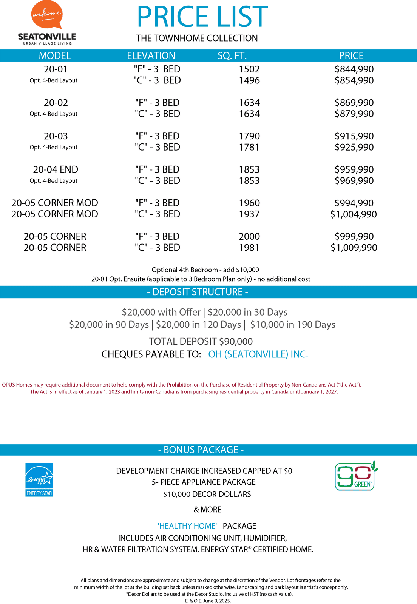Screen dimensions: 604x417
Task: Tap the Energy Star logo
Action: [x=39, y=480]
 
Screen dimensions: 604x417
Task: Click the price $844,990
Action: [x=354, y=69]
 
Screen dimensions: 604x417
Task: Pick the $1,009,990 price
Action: [x=354, y=248]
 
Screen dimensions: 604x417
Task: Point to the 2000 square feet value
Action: [x=249, y=237]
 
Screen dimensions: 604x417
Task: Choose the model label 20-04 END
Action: [x=56, y=169]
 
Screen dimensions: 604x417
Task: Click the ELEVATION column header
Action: [x=151, y=56]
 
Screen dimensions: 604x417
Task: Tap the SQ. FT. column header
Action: [x=232, y=56]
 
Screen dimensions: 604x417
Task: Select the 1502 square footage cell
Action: [x=249, y=69]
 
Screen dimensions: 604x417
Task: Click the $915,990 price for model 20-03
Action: [x=354, y=136]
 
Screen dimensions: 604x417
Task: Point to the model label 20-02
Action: [x=56, y=103]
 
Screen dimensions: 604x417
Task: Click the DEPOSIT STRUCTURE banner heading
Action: [x=198, y=292]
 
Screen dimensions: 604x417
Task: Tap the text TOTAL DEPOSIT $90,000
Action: [x=201, y=342]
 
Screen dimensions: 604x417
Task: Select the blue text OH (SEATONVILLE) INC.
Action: [x=258, y=354]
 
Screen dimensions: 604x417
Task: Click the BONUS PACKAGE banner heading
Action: [x=201, y=450]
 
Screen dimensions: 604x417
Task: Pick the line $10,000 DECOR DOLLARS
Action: [x=207, y=494]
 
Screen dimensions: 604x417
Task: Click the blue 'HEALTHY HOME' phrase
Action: [x=187, y=526]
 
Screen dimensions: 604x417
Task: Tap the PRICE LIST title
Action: [x=202, y=17]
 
